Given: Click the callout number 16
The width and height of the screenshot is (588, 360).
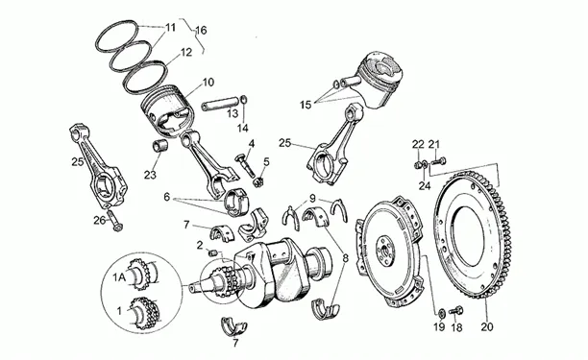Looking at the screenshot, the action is coord(202,30).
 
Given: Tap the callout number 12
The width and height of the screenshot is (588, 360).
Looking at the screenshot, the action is coord(186,52).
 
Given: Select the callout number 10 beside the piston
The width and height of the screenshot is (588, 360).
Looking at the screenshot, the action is coord(208,82).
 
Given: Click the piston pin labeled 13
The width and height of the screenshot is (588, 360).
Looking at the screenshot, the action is coord(220,104).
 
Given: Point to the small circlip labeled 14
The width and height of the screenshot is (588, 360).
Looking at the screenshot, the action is coord(244,100).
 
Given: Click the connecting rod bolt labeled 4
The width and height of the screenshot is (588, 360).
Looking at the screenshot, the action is coord(246,165).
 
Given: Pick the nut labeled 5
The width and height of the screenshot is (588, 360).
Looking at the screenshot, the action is coord(257,182).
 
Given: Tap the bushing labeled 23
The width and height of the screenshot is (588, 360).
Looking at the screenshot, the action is coord(159,146).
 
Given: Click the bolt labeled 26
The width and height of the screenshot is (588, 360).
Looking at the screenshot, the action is coord(113,220).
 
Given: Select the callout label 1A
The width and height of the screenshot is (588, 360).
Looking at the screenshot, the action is coord(119,277).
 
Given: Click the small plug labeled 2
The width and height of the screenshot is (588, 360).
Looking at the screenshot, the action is coord(213,252).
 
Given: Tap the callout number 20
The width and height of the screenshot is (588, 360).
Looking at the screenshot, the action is coord(487,326).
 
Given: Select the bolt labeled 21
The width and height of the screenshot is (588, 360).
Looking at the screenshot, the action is coord(438,162).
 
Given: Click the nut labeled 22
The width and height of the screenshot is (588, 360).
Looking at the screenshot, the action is coord(417,164).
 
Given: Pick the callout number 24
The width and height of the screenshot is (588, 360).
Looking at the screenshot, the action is coord(425,185).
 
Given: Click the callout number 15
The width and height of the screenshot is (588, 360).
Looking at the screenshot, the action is coord(306,105).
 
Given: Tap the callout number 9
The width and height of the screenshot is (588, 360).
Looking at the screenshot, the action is coord(313,198).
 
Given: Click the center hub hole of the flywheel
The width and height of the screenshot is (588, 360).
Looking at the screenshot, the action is coord(384,250).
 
